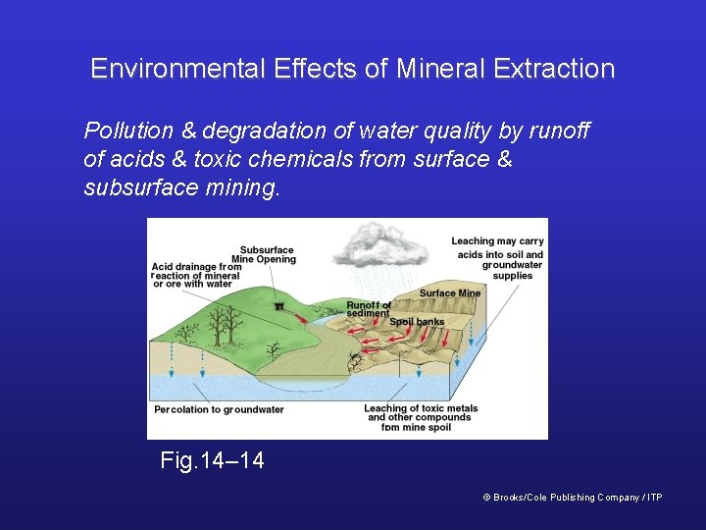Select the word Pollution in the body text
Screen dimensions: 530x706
pos(126,131)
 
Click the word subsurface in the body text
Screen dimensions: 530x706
pos(130,186)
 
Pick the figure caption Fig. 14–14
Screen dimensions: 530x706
pos(212,459)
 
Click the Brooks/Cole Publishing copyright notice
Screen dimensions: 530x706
pos(573,498)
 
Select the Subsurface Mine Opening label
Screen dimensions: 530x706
pos(268,254)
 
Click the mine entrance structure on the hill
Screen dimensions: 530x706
pos(279,307)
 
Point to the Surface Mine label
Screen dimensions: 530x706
pos(450,293)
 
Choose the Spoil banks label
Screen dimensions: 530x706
pos(417,322)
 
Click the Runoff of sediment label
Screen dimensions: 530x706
pos(368,309)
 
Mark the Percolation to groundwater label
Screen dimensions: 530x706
pos(219,409)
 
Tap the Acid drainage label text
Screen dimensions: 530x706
pos(197,276)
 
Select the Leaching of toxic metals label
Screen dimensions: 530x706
pos(420,417)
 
